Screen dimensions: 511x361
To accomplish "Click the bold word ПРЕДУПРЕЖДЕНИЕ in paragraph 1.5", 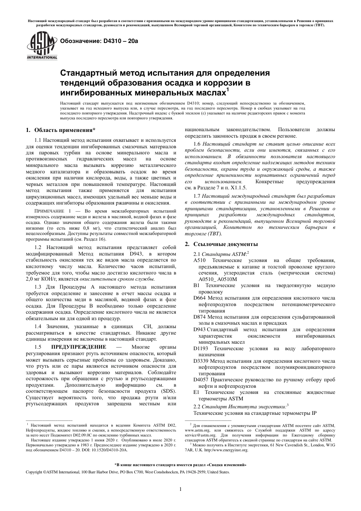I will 79,347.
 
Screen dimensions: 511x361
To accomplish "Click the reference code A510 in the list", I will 199,260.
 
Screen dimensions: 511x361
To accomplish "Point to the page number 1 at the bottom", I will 180,489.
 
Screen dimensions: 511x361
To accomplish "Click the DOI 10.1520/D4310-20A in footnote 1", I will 111,449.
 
